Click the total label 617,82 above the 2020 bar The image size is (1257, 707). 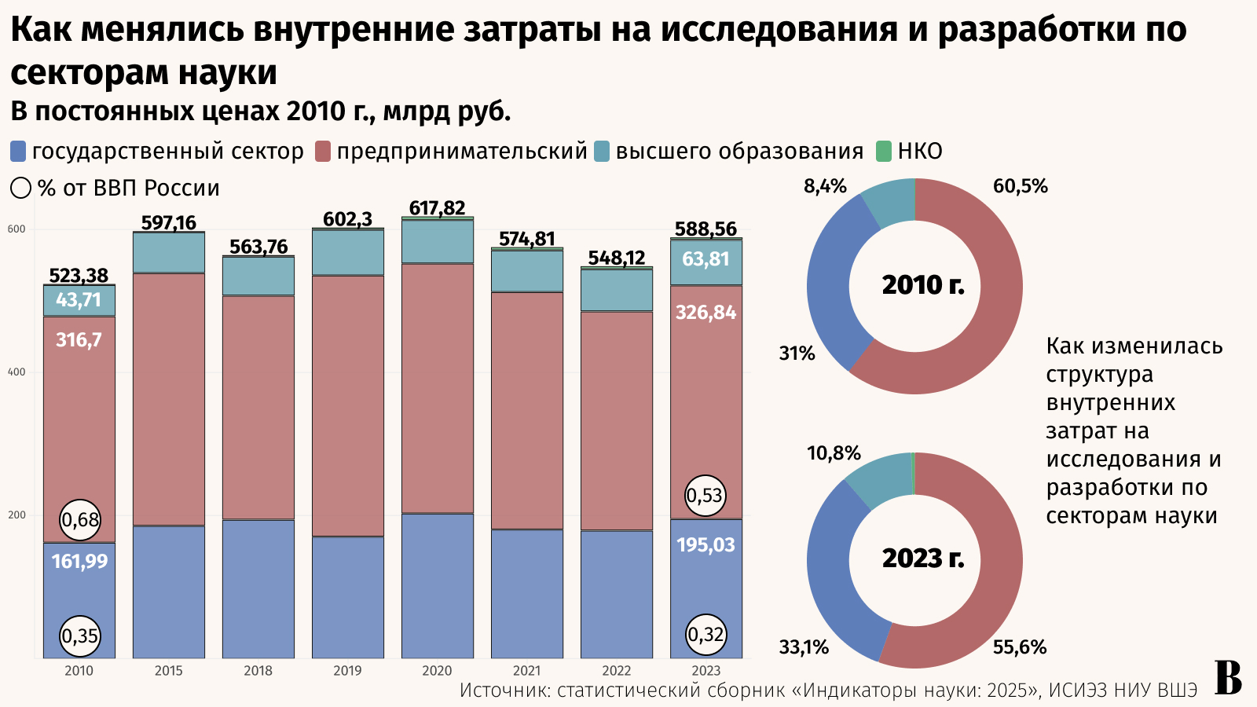[x=437, y=207]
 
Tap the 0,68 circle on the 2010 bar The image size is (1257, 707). [x=80, y=520]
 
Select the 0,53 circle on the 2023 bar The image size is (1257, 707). [x=705, y=496]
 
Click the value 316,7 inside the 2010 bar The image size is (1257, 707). [x=79, y=340]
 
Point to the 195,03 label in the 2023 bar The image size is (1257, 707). [x=705, y=545]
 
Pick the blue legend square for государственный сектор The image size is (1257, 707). [x=18, y=151]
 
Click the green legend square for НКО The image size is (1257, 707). [x=884, y=151]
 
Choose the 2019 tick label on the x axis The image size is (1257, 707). [x=347, y=671]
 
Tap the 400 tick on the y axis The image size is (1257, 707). [x=16, y=372]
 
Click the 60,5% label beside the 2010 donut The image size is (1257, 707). [x=1020, y=186]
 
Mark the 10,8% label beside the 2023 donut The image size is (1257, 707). [x=834, y=453]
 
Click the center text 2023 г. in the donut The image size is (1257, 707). [x=922, y=558]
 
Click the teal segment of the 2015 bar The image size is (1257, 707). [x=168, y=253]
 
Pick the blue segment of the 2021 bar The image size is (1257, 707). [x=526, y=593]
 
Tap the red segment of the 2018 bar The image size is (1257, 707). [x=258, y=407]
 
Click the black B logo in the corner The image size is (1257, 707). [x=1228, y=678]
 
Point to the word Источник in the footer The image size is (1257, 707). [x=503, y=691]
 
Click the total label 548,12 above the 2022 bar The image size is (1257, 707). [x=616, y=258]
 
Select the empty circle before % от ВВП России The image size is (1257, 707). [x=21, y=189]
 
